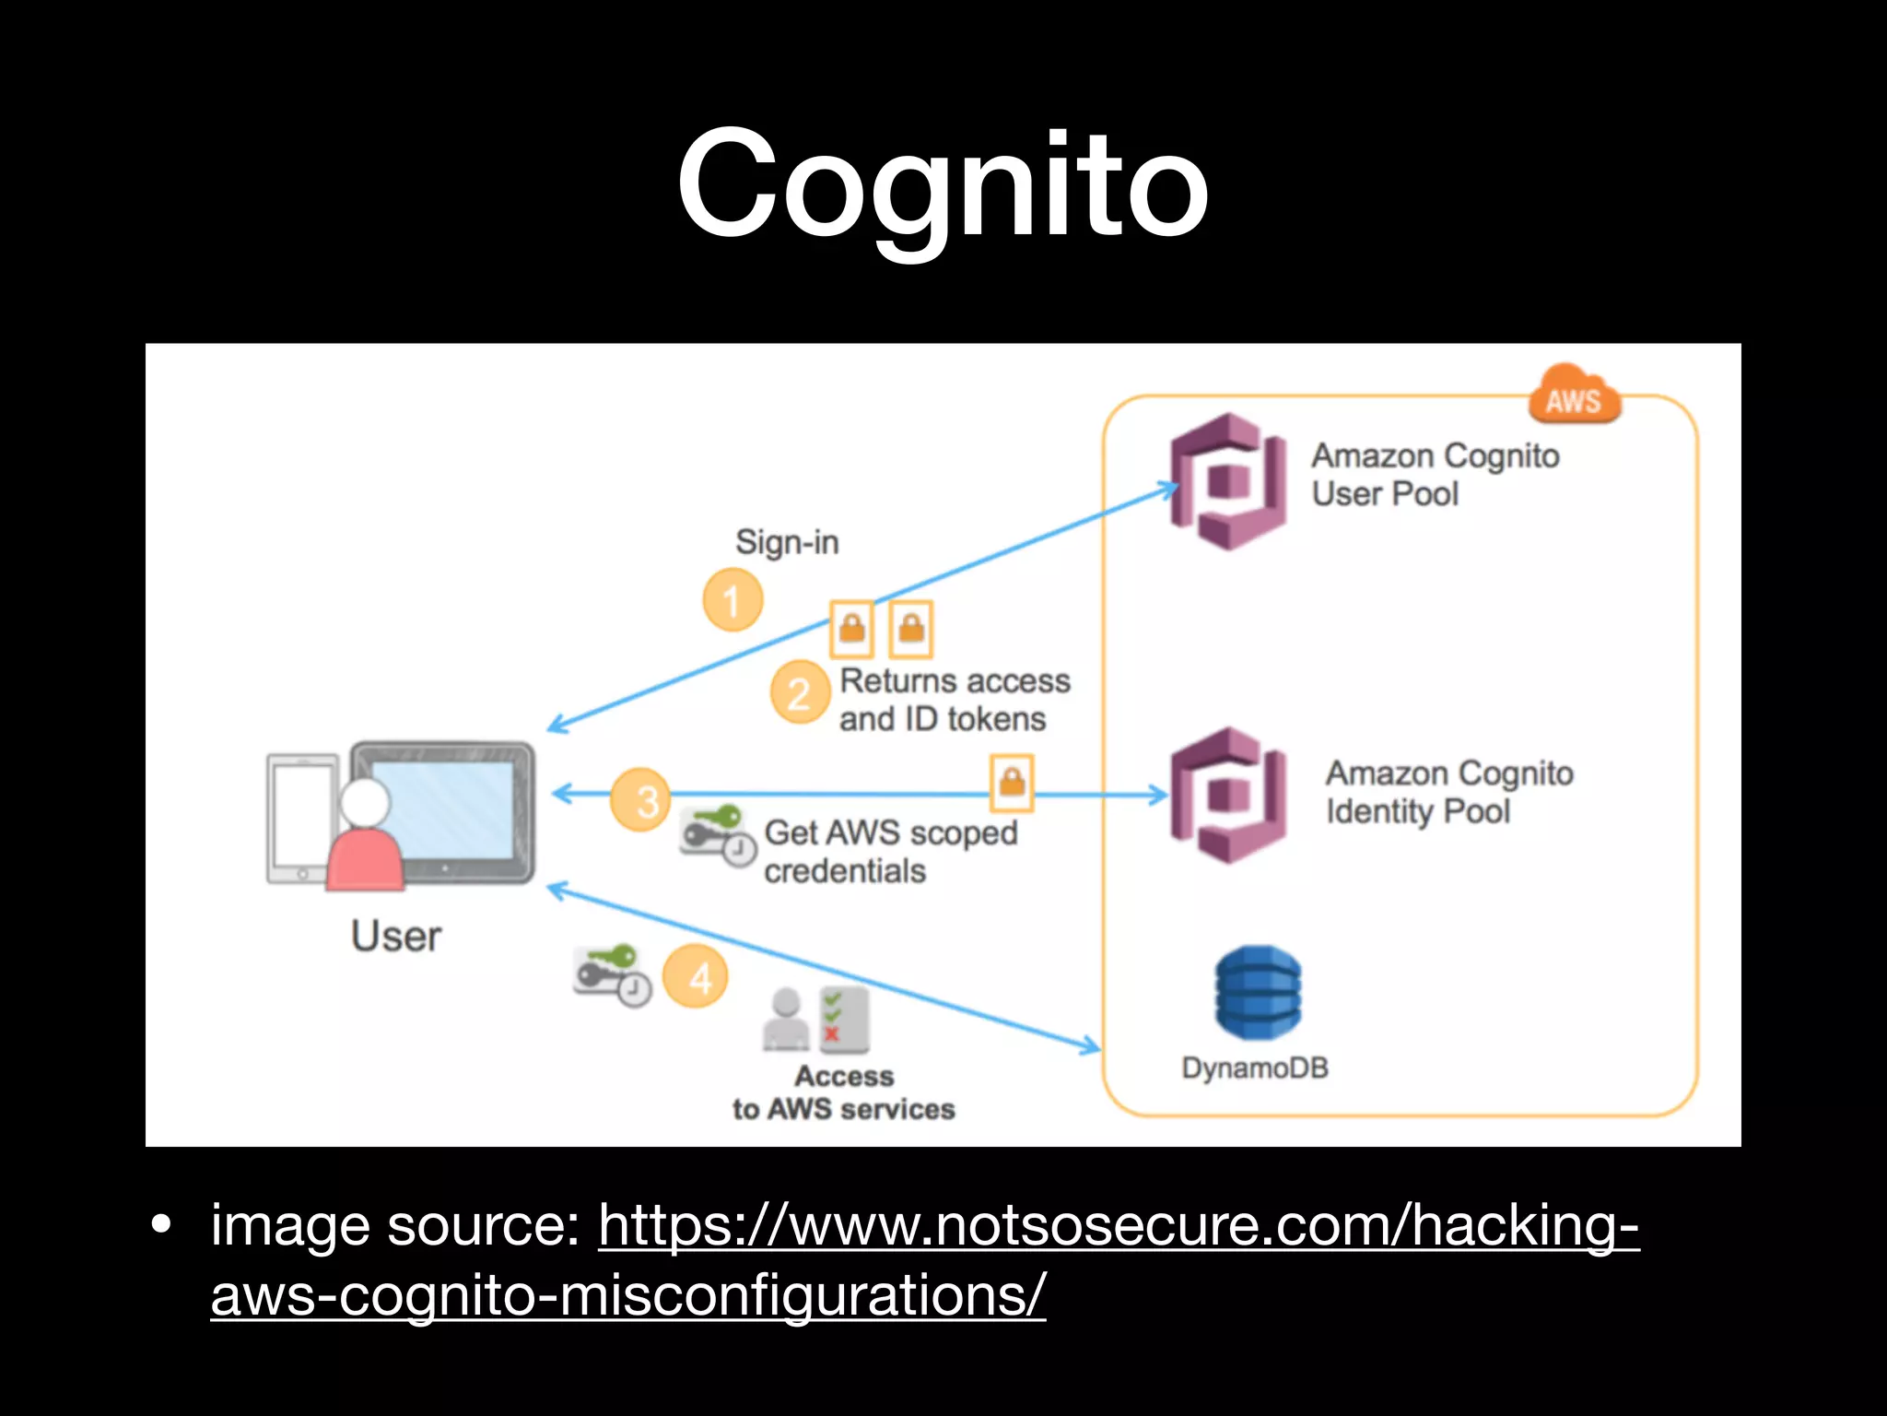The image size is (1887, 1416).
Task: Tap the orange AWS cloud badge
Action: click(1574, 397)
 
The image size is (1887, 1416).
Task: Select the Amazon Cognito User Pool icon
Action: click(1228, 481)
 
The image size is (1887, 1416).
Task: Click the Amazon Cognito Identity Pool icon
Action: click(1228, 796)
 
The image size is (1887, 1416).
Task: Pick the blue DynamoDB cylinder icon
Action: click(1258, 993)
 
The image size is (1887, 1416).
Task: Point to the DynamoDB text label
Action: click(1255, 1068)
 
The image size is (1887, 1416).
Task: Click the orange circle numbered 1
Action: click(733, 600)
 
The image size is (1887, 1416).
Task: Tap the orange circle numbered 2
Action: click(799, 692)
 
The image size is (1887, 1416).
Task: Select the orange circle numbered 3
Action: click(640, 799)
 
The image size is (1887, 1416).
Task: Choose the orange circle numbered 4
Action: click(697, 976)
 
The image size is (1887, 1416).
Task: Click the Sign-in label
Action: click(787, 542)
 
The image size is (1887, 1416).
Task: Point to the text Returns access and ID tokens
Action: click(954, 700)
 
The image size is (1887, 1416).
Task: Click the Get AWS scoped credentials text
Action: click(890, 851)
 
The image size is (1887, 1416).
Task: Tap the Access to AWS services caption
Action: click(843, 1092)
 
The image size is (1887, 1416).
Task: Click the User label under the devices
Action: click(396, 936)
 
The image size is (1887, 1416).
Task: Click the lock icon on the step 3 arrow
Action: click(1012, 783)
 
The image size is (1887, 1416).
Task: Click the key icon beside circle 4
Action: click(611, 973)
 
